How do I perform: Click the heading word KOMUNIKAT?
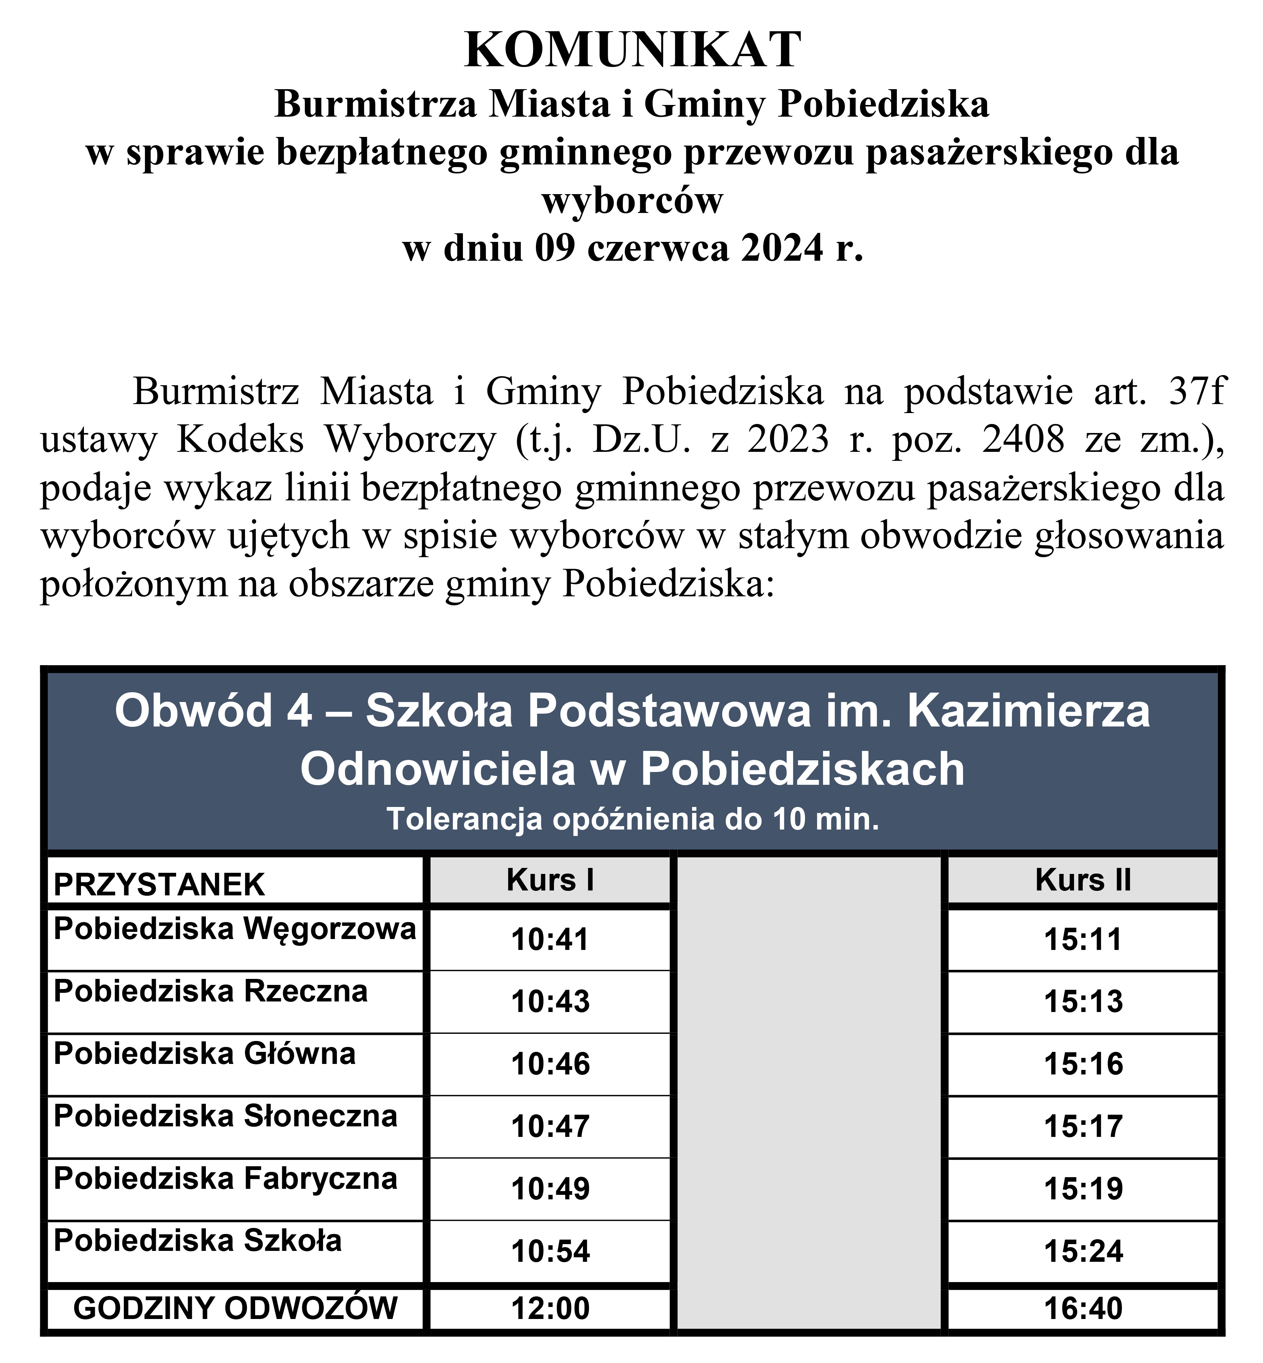coord(632,50)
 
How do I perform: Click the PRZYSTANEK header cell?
coord(158,885)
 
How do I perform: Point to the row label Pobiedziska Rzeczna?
coord(210,991)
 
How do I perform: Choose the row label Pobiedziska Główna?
coord(204,1053)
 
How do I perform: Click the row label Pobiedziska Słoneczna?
coord(225,1116)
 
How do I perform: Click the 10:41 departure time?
coord(550,939)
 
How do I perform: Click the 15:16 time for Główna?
coord(1083,1064)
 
